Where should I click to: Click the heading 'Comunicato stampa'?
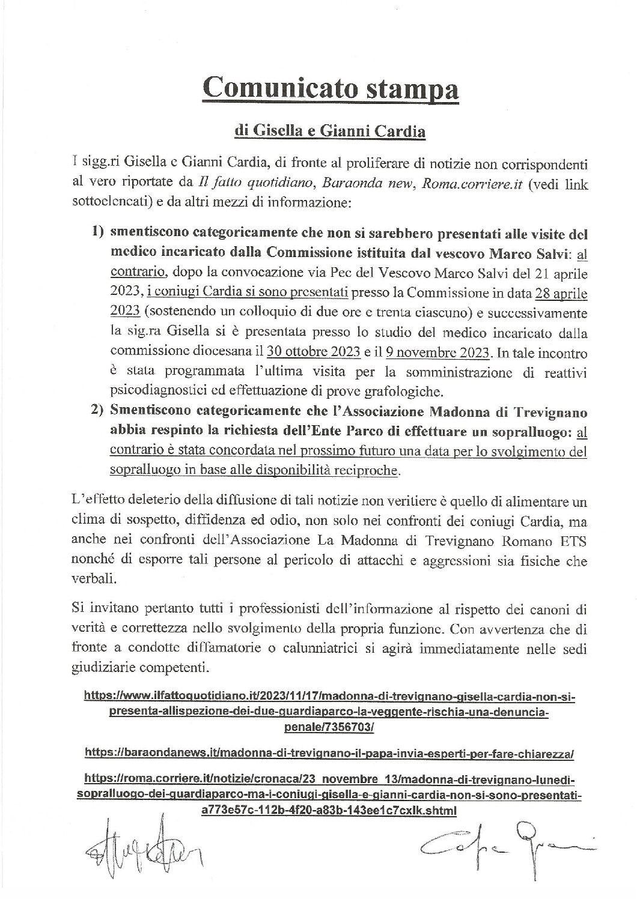[330, 90]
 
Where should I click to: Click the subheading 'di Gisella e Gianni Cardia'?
[330, 132]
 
